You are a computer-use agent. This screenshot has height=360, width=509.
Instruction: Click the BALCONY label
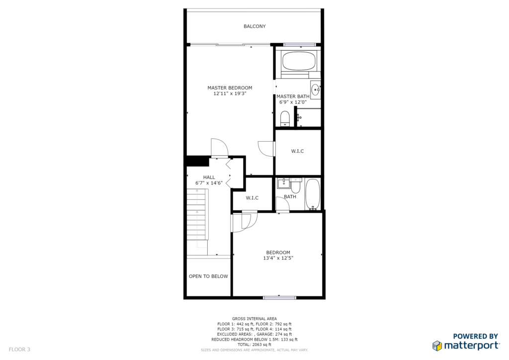point(254,26)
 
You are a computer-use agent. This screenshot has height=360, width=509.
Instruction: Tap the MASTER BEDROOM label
point(230,88)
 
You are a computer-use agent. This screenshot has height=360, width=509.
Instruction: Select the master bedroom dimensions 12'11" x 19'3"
point(230,93)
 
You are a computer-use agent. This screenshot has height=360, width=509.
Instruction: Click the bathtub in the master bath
point(299,61)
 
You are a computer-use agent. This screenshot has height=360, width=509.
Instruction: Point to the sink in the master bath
point(315,89)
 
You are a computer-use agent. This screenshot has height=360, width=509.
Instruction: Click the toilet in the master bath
point(285,118)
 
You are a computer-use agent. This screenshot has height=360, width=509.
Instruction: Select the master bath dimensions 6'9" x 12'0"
point(293,102)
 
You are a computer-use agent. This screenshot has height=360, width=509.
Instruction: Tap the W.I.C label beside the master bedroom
point(297,151)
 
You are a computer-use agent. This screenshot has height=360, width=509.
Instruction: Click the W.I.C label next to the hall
point(252,198)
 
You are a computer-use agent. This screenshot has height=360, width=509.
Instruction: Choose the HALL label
point(209,177)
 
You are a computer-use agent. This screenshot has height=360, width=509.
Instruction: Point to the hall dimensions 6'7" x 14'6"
point(209,183)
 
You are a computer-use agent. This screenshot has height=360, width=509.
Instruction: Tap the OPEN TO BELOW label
point(208,276)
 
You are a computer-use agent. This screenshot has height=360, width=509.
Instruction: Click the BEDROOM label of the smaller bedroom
point(278,252)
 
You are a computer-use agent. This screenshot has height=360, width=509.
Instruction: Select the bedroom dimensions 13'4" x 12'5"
point(278,258)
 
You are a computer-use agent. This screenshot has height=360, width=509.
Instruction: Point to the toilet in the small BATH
point(296,185)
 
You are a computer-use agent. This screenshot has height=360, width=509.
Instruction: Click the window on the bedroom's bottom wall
point(279,297)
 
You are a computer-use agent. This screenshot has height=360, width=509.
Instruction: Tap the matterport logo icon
point(437,346)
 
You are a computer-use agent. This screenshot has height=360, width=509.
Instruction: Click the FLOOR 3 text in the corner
point(19,349)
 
